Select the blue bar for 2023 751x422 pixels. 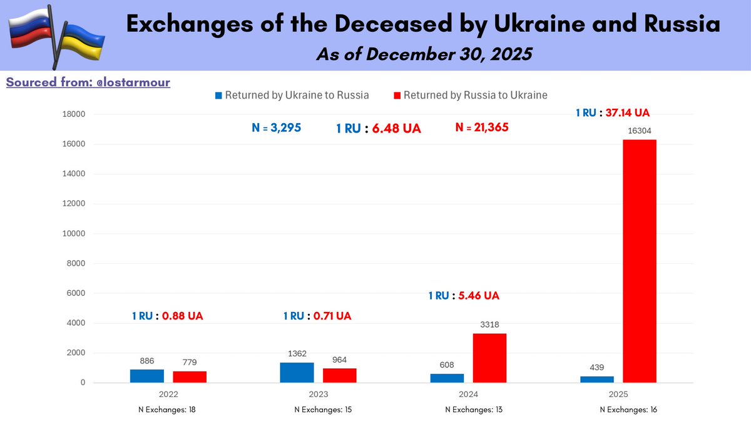297,372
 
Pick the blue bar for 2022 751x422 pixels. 147,376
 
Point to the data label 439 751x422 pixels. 597,368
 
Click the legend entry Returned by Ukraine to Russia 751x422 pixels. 292,96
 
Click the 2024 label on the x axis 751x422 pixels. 469,394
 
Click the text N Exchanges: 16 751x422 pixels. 628,409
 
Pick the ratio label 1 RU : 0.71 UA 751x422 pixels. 317,316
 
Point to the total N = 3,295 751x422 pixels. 277,128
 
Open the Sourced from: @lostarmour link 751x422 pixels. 88,82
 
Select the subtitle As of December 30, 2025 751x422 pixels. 424,54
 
